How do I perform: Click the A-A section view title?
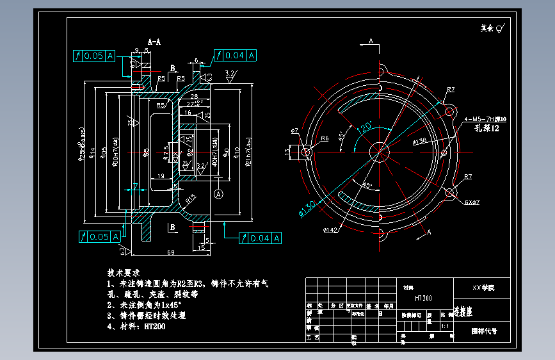pos(154,42)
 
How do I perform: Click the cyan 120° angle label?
pos(366,127)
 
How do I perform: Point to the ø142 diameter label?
pos(331,229)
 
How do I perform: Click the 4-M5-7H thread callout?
pos(485,119)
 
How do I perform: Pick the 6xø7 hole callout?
pos(472,202)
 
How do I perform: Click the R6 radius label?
pos(325,138)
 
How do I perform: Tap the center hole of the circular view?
pos(379,151)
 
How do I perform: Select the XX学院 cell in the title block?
pos(483,288)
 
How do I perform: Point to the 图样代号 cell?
pos(484,332)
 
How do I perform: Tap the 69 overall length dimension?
pos(171,253)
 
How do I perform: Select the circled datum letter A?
pos(219,193)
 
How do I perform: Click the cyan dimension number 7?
pos(136,186)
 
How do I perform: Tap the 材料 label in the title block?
pos(408,289)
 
